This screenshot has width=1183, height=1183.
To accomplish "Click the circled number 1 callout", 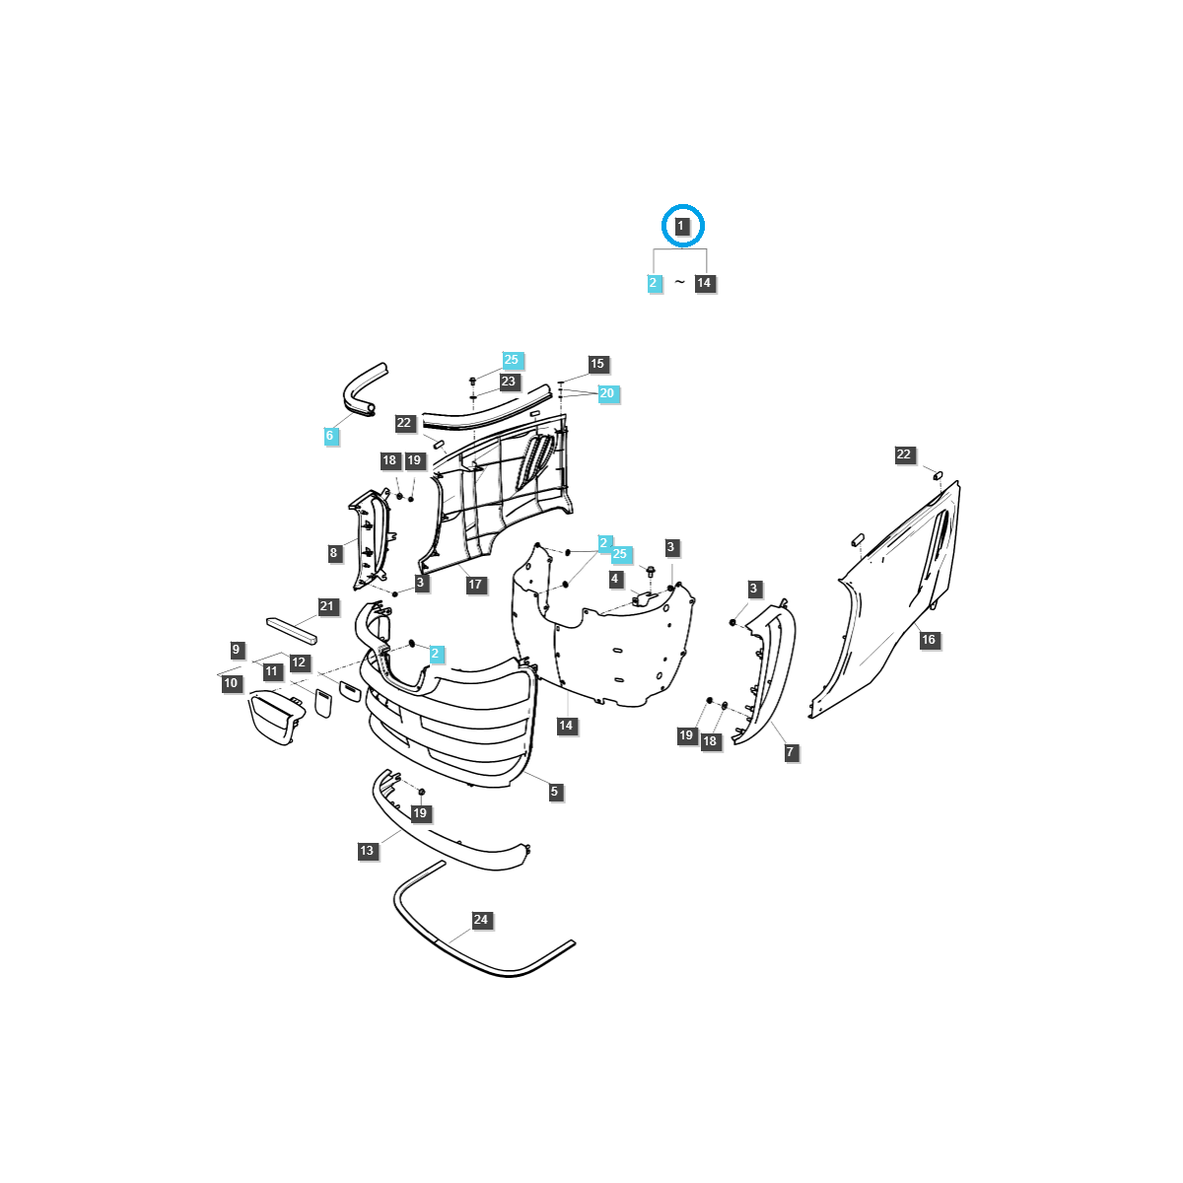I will [x=681, y=227].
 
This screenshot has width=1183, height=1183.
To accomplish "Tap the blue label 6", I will [x=329, y=436].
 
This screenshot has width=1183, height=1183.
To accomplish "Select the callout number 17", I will [x=475, y=585].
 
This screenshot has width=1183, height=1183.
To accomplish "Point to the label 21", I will [x=327, y=607].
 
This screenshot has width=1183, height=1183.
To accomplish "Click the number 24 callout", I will [x=480, y=920].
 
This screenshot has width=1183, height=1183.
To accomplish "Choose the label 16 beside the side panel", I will [x=928, y=640].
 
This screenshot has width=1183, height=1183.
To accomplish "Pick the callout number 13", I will [x=367, y=851].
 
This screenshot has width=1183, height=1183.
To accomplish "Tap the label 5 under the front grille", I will [x=554, y=792].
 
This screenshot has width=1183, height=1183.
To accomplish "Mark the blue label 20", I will [x=606, y=393].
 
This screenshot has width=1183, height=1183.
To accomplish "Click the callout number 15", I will [x=596, y=364].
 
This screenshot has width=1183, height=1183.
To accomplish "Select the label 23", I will [x=508, y=382].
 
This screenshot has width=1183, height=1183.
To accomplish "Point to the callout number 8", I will [x=333, y=553].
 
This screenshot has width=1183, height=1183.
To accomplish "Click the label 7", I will [x=790, y=752].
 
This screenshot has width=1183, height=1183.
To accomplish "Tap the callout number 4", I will [x=615, y=579].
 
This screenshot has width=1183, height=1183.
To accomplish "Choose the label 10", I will [x=231, y=683].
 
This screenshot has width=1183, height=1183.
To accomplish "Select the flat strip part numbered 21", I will [x=291, y=629].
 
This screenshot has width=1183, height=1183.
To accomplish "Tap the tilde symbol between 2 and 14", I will [x=679, y=283].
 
